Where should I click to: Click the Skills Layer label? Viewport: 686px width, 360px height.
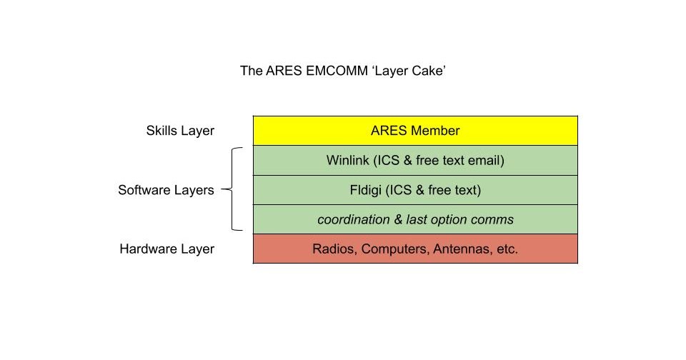tap(179, 131)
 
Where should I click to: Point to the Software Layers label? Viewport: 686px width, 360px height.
tap(166, 190)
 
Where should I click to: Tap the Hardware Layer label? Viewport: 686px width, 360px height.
tap(166, 249)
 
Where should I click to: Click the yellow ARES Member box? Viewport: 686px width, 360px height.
tap(414, 131)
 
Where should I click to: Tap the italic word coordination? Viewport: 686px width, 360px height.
tap(352, 220)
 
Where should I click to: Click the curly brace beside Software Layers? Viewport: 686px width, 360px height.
tap(234, 189)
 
